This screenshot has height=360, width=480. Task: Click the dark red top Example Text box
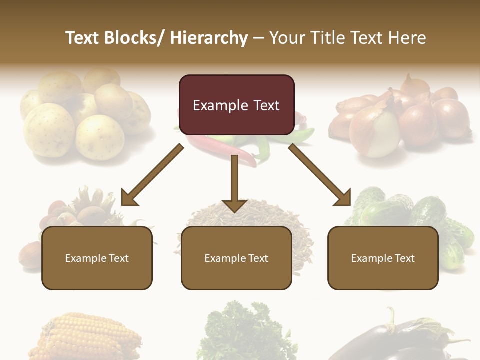(x=236, y=105)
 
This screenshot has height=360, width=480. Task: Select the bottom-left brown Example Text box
(x=97, y=258)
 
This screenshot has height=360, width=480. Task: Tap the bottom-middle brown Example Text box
(x=236, y=258)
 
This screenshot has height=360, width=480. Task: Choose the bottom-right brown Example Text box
(x=383, y=258)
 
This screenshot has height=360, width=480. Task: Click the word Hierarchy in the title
(x=209, y=38)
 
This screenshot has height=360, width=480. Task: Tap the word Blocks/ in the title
(x=133, y=38)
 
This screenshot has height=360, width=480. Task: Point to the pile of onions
(x=400, y=117)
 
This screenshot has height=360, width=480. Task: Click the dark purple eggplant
(x=395, y=342)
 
